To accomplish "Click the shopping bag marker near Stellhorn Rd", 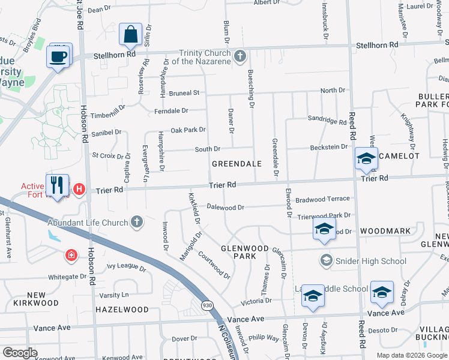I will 130,35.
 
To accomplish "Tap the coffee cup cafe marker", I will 58,56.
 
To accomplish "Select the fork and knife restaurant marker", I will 58,185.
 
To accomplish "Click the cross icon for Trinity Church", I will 240,56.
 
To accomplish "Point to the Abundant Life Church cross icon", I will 137,223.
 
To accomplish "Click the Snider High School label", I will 371,261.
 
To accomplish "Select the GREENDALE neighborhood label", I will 237,163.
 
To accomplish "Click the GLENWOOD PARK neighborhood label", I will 244,252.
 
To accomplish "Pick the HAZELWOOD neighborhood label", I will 122,310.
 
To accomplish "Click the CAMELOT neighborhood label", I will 399,155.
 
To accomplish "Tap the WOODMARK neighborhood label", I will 385,231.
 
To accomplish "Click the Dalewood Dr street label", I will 225,208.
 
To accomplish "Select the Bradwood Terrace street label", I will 322,199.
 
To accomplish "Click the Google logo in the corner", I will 20,352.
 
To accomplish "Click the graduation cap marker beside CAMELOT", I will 366,158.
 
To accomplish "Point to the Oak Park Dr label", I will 188,130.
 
